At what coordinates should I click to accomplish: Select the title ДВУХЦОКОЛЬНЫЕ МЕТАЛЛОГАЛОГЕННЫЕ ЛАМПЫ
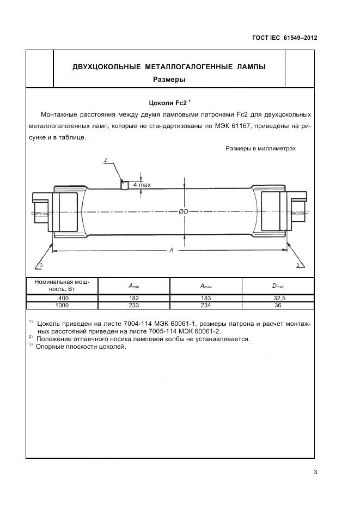[x=169, y=67]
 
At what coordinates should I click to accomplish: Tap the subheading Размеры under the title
[x=169, y=80]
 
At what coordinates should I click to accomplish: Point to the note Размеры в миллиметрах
[x=260, y=148]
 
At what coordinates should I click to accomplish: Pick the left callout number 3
[x=40, y=265]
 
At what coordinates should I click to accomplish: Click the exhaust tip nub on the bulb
[x=125, y=185]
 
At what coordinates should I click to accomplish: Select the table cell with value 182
[x=134, y=298]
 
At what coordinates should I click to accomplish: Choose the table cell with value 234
[x=206, y=306]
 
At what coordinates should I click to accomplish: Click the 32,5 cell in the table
[x=278, y=298]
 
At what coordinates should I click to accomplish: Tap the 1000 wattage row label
[x=62, y=306]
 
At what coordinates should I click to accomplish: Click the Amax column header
[x=206, y=287]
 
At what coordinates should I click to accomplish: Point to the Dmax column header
[x=278, y=287]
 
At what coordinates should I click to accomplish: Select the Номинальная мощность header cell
[x=62, y=286]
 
